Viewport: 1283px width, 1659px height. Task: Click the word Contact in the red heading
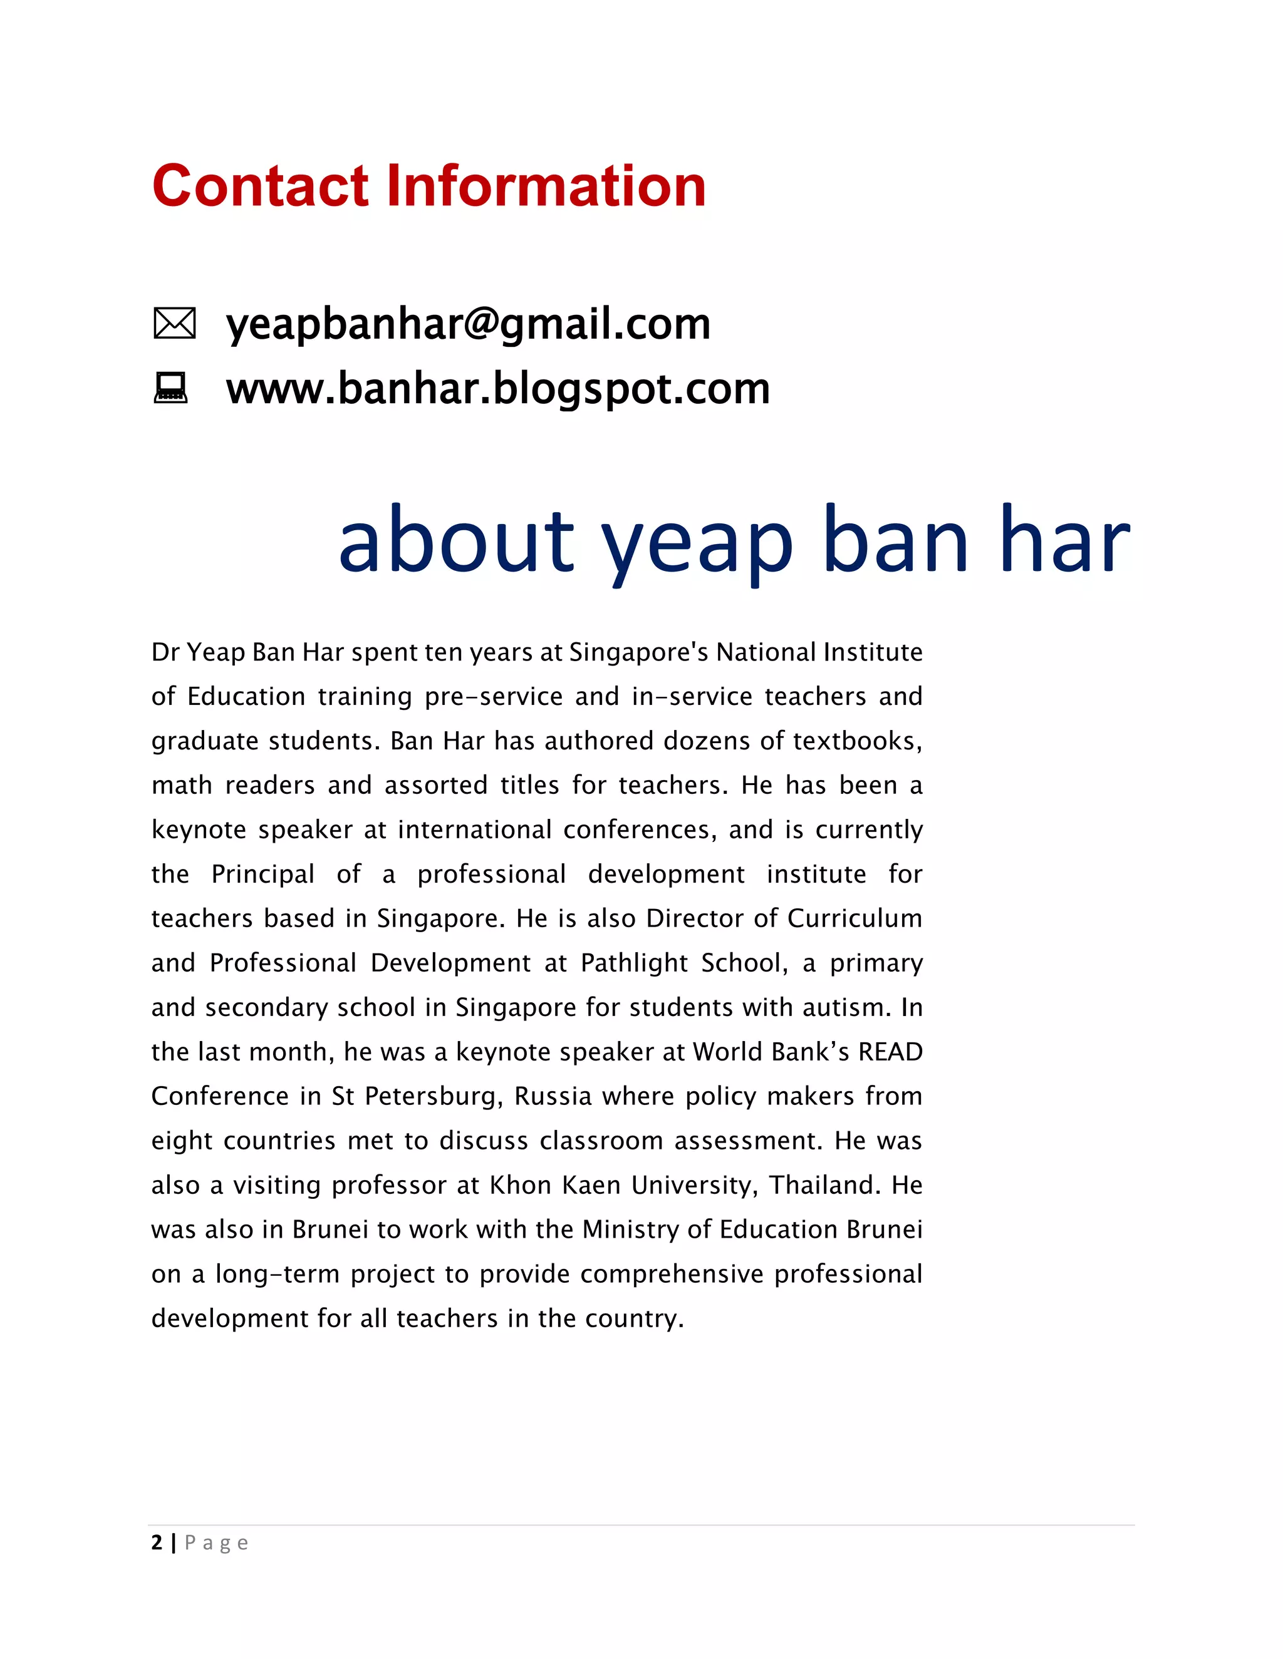[260, 186]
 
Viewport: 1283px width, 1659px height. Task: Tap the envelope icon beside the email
[174, 324]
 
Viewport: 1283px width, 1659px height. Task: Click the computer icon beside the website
[170, 388]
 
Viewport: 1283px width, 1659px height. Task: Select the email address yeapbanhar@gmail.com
[468, 324]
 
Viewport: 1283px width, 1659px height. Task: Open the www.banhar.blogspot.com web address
[498, 389]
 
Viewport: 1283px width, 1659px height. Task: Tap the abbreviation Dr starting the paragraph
[164, 652]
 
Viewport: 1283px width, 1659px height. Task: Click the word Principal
[262, 875]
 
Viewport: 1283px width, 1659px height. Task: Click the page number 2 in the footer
[157, 1543]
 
